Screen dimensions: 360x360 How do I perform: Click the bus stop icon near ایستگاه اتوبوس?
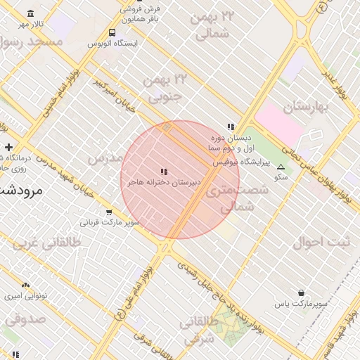[112, 32]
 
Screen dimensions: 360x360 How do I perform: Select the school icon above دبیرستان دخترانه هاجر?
[164, 172]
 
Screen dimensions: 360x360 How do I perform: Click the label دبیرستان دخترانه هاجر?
[164, 183]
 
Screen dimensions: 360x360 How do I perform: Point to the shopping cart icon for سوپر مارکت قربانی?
[109, 212]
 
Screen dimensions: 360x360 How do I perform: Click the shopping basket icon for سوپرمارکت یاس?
[301, 292]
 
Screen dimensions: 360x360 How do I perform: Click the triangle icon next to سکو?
[281, 167]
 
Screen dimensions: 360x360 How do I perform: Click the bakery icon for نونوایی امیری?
[26, 285]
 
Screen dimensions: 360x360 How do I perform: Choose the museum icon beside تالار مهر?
[30, 14]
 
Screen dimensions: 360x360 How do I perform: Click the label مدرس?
[106, 157]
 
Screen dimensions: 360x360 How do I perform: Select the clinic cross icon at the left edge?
[8, 147]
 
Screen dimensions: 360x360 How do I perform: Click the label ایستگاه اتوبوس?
[112, 44]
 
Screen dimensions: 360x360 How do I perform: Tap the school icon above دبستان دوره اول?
[230, 127]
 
